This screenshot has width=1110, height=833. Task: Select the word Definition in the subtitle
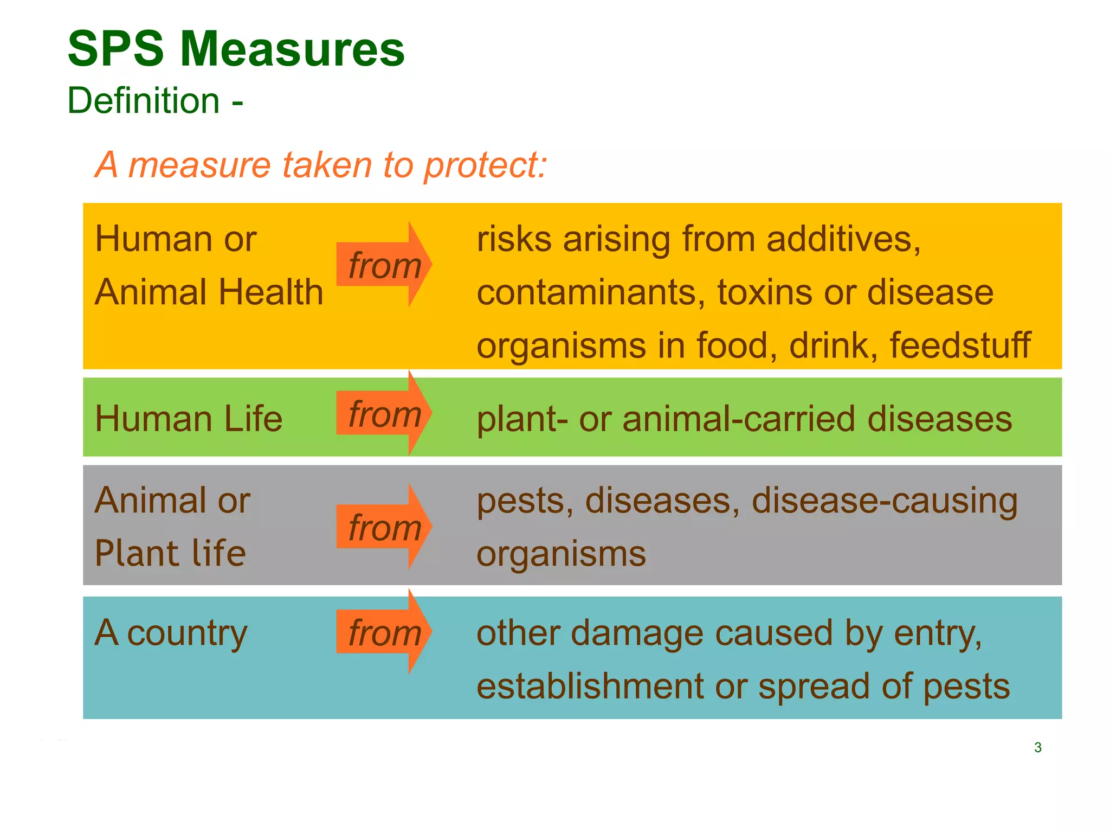pyautogui.click(x=144, y=101)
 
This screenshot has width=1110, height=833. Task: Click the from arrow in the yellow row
pyautogui.click(x=384, y=265)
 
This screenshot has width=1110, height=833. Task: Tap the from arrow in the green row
pyautogui.click(x=384, y=414)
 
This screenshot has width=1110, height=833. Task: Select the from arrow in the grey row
pyautogui.click(x=384, y=527)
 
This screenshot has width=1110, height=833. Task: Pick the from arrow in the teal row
pyautogui.click(x=384, y=632)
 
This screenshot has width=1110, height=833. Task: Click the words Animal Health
pyautogui.click(x=209, y=292)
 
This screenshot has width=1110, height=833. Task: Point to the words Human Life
pyautogui.click(x=188, y=419)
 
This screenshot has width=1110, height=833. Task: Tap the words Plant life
pyautogui.click(x=170, y=553)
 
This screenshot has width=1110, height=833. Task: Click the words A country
pyautogui.click(x=171, y=633)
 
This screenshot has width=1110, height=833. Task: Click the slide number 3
pyautogui.click(x=1037, y=747)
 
